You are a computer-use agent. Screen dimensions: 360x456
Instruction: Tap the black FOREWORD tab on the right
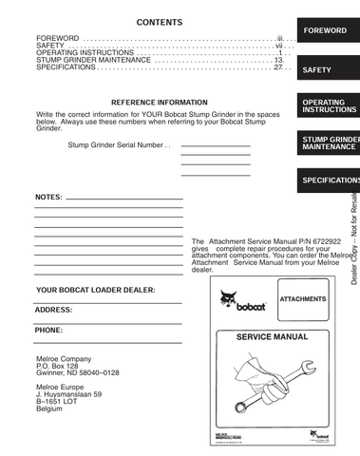[327, 30]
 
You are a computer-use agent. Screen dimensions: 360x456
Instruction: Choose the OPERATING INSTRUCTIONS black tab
[327, 104]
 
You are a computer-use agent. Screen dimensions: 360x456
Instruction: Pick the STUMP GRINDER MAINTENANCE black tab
[330, 143]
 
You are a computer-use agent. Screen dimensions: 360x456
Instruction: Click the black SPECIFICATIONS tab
[330, 180]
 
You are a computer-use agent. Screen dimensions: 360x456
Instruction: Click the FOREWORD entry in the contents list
[57, 37]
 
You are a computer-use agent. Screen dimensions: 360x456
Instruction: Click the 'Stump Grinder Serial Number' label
[119, 145]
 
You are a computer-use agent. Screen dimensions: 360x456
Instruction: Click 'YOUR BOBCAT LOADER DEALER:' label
[95, 289]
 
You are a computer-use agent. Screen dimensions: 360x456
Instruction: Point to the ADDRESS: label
[54, 310]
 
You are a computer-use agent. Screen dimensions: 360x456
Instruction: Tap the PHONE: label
[49, 330]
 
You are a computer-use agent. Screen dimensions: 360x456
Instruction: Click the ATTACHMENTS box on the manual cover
[303, 299]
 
